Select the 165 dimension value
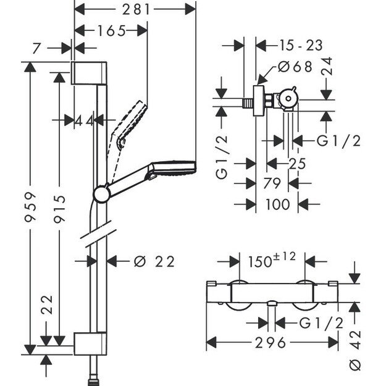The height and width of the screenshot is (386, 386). point(111,30)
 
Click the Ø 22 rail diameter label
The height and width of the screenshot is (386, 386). point(154,261)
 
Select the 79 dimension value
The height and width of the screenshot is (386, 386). point(272,183)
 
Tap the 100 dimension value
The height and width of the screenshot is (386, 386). point(277,204)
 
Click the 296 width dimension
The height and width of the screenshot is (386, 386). point(272,343)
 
